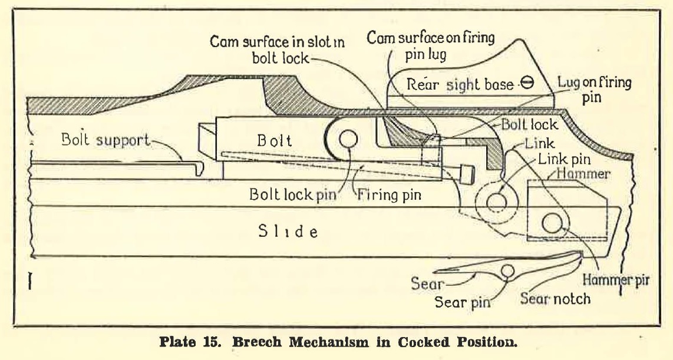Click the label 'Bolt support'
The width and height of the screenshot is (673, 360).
point(104,142)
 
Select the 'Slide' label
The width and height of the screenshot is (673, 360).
point(288,231)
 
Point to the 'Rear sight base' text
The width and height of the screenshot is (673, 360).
point(460,85)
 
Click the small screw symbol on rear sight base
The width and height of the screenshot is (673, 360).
point(527,85)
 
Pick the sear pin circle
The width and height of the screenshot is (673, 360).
point(507,271)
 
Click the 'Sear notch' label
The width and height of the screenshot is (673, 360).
point(555,298)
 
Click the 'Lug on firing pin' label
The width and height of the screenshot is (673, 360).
point(593,90)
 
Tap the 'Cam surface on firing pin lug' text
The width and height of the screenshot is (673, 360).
point(431,46)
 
